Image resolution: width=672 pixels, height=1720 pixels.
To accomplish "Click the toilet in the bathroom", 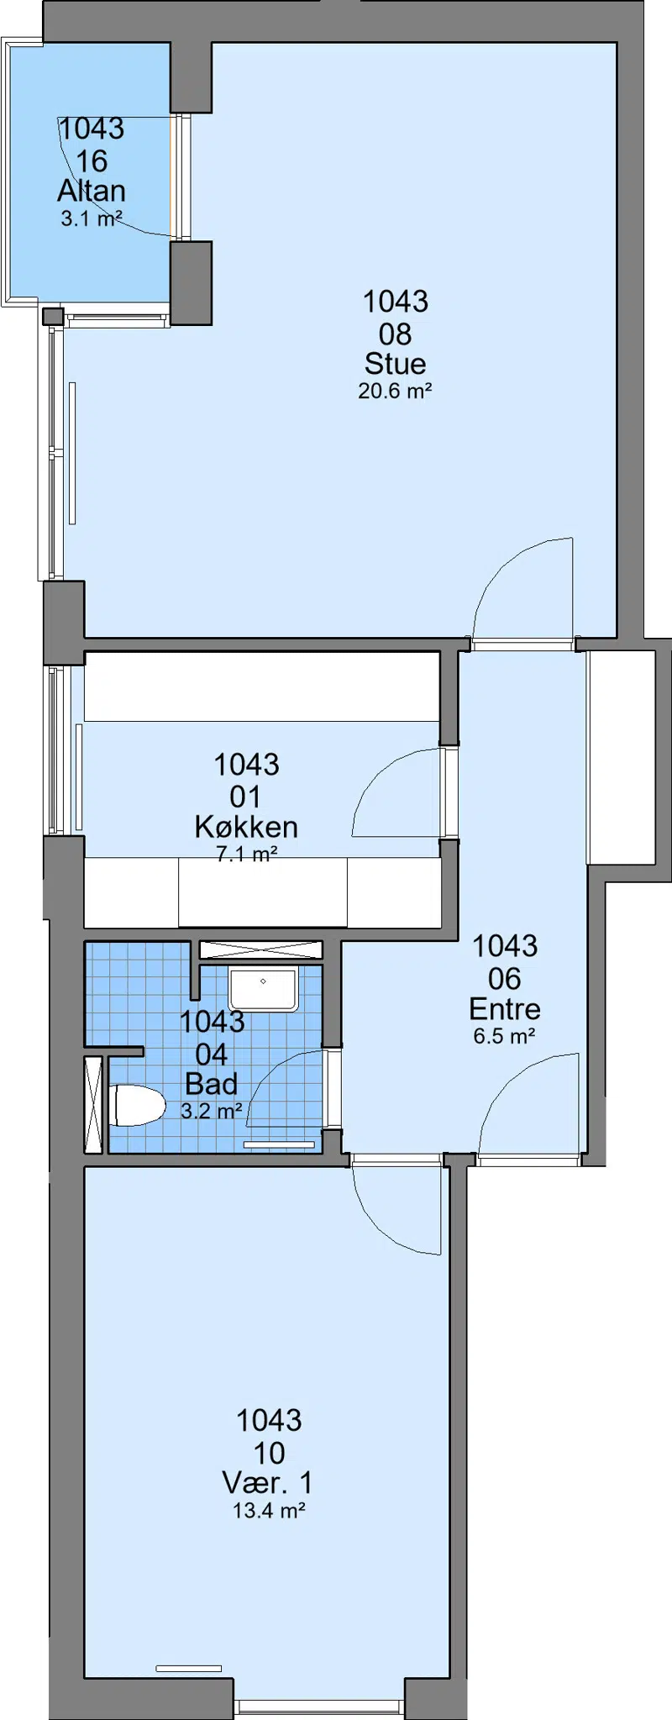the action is [137, 1105].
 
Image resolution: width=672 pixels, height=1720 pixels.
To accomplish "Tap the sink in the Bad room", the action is [263, 989].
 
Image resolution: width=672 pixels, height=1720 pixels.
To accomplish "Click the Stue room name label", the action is [395, 364].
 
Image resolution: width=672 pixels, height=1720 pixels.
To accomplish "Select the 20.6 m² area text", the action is [395, 391].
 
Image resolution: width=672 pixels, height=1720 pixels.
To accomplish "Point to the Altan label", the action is [92, 192].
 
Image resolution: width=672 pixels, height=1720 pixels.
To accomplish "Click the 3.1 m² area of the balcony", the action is [92, 219].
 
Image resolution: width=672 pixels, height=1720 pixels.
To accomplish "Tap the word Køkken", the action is [246, 828].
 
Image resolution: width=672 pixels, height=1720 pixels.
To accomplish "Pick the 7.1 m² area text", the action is [246, 855].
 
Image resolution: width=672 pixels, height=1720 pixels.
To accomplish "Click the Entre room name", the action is [504, 1009].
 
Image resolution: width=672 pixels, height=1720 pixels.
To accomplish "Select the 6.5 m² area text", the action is [504, 1036].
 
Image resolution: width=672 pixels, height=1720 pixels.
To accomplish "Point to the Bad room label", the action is [211, 1084].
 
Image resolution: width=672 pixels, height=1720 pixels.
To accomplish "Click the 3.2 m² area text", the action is [211, 1111].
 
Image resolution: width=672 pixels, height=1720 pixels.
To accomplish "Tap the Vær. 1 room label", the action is [269, 1483].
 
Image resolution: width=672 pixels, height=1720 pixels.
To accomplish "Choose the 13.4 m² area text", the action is [269, 1511].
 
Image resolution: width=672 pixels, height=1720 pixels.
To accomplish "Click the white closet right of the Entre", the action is [621, 756].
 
